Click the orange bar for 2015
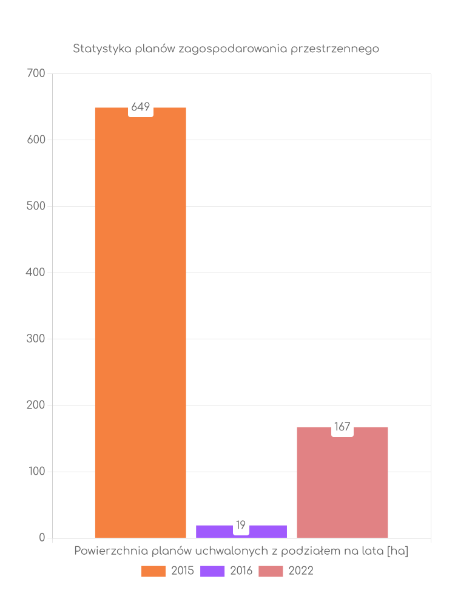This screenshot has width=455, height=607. click(x=140, y=322)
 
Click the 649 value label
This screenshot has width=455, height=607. click(x=141, y=107)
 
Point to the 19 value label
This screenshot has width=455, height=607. click(x=241, y=525)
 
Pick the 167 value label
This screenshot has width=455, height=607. click(x=342, y=427)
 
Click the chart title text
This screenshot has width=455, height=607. click(x=226, y=49)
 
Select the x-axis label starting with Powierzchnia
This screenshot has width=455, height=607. click(x=241, y=551)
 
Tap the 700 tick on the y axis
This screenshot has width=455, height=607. click(x=36, y=73)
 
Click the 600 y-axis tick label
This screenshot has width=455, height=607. click(x=36, y=140)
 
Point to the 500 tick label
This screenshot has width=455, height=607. click(x=36, y=206)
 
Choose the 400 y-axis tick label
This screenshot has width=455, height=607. click(x=36, y=273)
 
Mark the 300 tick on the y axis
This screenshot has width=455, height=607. click(x=36, y=339)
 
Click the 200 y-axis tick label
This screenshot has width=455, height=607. click(x=36, y=405)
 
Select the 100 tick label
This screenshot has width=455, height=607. click(x=36, y=471)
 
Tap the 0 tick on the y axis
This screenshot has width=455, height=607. click(x=42, y=538)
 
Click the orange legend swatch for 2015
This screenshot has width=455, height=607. click(x=153, y=571)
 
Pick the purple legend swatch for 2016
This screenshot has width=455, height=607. click(x=212, y=571)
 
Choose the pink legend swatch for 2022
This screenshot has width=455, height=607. click(x=271, y=571)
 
